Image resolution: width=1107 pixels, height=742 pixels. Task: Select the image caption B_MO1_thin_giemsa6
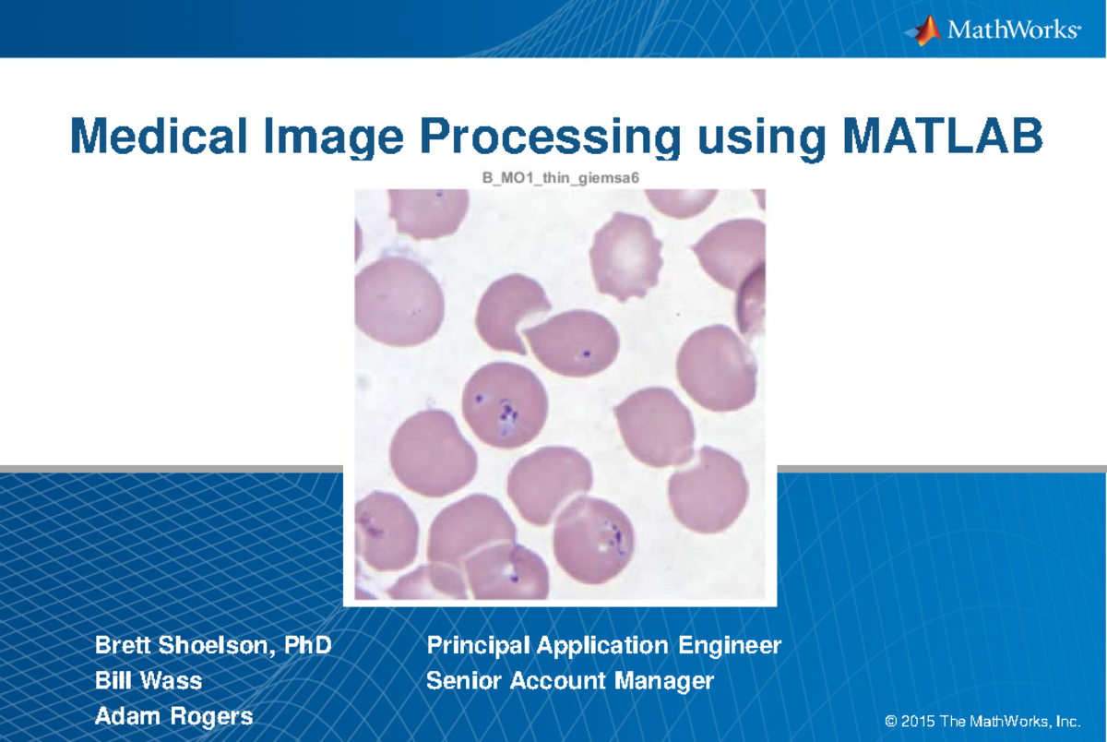(560, 177)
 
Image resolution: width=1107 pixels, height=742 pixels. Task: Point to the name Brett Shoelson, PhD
(213, 645)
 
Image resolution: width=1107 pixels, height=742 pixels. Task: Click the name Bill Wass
(149, 681)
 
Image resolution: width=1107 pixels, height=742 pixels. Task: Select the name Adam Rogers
(173, 716)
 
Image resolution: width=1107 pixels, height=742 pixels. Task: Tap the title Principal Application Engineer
(604, 645)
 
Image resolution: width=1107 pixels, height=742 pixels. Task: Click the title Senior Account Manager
(570, 681)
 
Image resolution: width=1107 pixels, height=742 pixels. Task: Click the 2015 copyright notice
(982, 720)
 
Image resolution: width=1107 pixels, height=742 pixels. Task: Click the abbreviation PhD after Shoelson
(307, 645)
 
